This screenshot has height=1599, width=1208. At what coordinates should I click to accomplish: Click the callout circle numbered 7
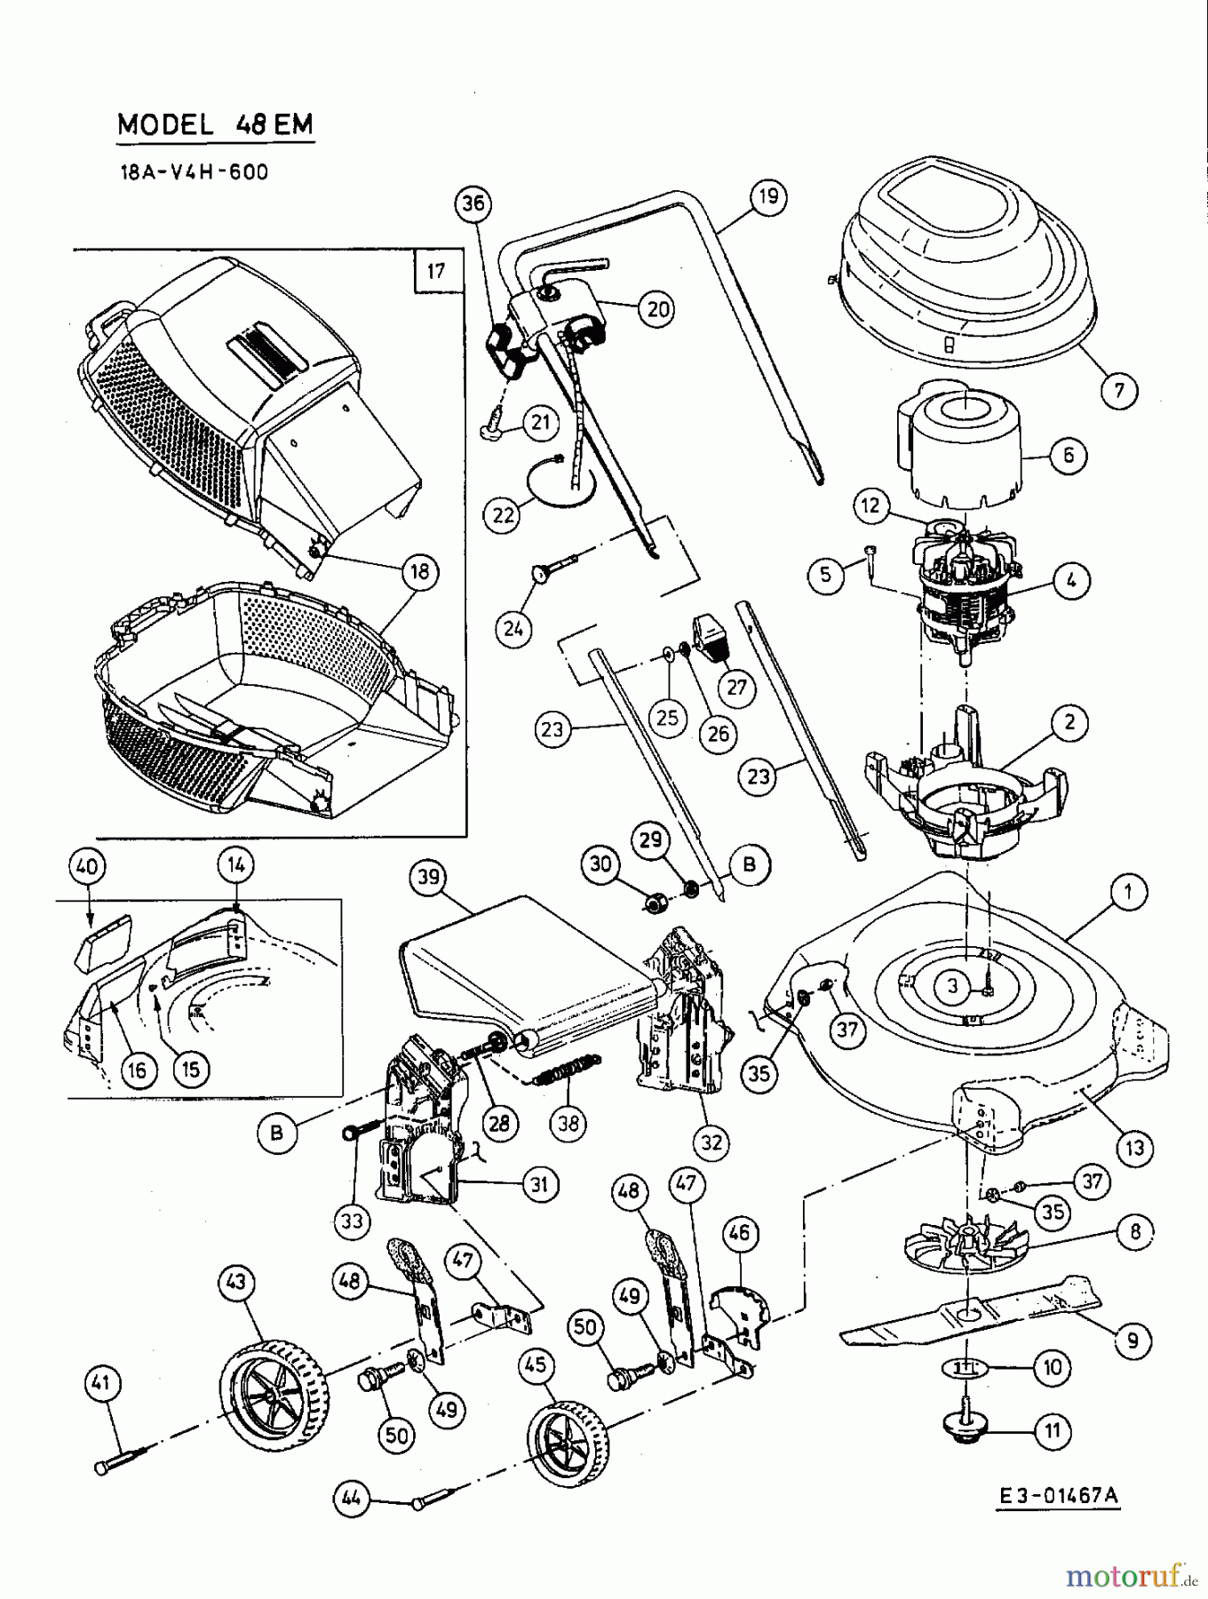tap(1118, 389)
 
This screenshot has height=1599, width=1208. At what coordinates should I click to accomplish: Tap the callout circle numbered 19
tap(768, 195)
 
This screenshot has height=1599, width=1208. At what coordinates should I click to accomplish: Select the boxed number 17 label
tap(436, 270)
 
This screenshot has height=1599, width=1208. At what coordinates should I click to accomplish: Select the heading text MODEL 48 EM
tap(215, 124)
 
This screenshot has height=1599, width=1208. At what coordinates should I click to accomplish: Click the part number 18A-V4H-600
tap(194, 171)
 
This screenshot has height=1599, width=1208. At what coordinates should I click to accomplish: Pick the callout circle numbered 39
tap(428, 877)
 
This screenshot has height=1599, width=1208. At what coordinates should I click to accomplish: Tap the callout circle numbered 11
tap(1053, 1431)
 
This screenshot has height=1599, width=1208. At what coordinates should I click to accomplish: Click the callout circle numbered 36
tap(473, 203)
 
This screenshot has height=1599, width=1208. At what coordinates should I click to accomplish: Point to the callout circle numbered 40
tap(90, 865)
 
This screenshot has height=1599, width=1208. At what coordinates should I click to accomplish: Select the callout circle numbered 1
tap(1129, 891)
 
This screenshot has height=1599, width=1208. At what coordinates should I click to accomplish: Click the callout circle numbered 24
tap(513, 629)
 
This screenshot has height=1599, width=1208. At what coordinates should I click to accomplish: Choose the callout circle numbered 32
tap(712, 1142)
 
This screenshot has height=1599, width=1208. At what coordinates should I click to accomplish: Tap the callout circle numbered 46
tap(739, 1232)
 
